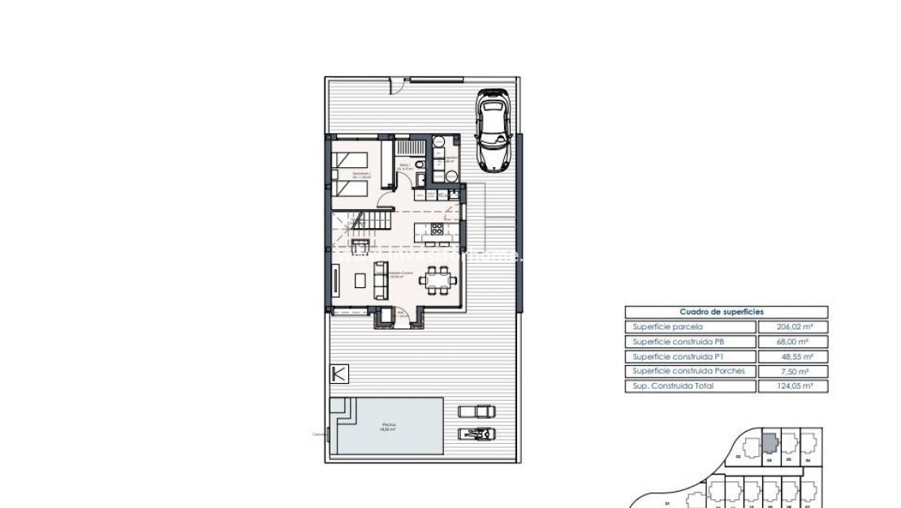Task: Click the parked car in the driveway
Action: (492, 131)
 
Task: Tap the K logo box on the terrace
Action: (340, 374)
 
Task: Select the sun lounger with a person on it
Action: (476, 433)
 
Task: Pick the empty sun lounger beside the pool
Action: (476, 411)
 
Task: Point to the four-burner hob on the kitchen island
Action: (438, 229)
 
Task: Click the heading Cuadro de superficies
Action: (726, 312)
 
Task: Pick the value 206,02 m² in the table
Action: (792, 327)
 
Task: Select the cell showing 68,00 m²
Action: (792, 342)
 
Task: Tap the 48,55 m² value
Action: (792, 356)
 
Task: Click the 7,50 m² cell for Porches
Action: (792, 371)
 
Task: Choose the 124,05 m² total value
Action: (792, 386)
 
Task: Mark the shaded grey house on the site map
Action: (770, 444)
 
